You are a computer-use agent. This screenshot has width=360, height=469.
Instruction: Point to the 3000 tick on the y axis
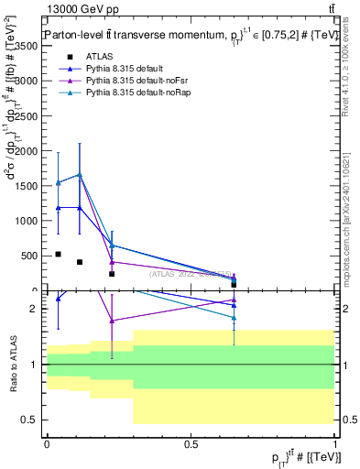point(28,81)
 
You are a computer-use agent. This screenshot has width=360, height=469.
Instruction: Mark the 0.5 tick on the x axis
point(191,443)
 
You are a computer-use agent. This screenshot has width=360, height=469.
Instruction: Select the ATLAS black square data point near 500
point(58,254)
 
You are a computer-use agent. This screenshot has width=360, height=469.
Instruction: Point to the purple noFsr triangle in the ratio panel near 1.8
point(112,321)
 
